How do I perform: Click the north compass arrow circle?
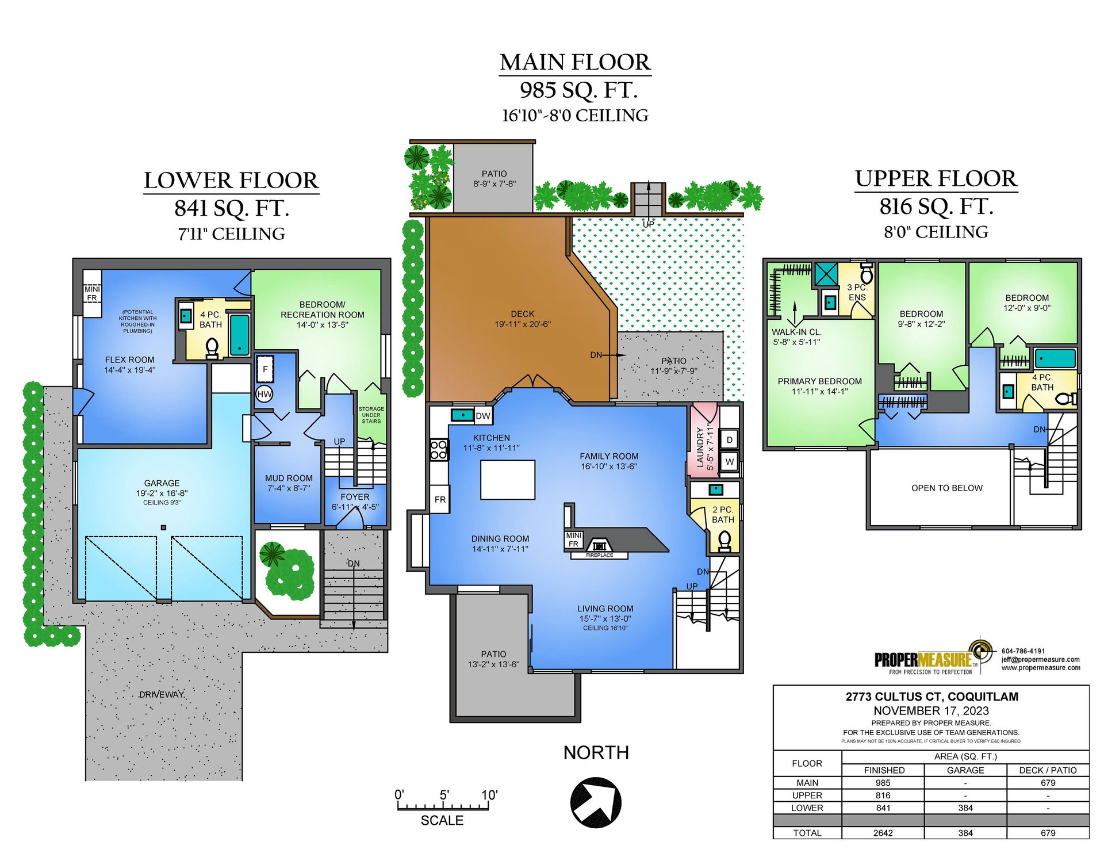pos(596,802)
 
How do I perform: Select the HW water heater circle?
pos(264,394)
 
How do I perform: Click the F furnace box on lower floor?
pos(265,369)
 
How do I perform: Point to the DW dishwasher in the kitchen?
pos(483,416)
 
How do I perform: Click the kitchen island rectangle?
pos(508,480)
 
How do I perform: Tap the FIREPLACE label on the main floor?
pos(599,555)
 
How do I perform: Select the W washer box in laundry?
pos(729,461)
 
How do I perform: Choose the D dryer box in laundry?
pos(729,439)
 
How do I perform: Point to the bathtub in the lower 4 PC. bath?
pos(240,335)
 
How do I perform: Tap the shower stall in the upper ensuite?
pos(826,274)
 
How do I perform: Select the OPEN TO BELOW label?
pos(947,488)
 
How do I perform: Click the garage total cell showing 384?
pos(965,832)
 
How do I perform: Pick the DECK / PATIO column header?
pos(1048,770)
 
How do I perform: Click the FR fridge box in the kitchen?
pos(440,499)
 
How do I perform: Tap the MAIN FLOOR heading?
pos(575,62)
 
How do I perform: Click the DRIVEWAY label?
pos(162,694)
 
